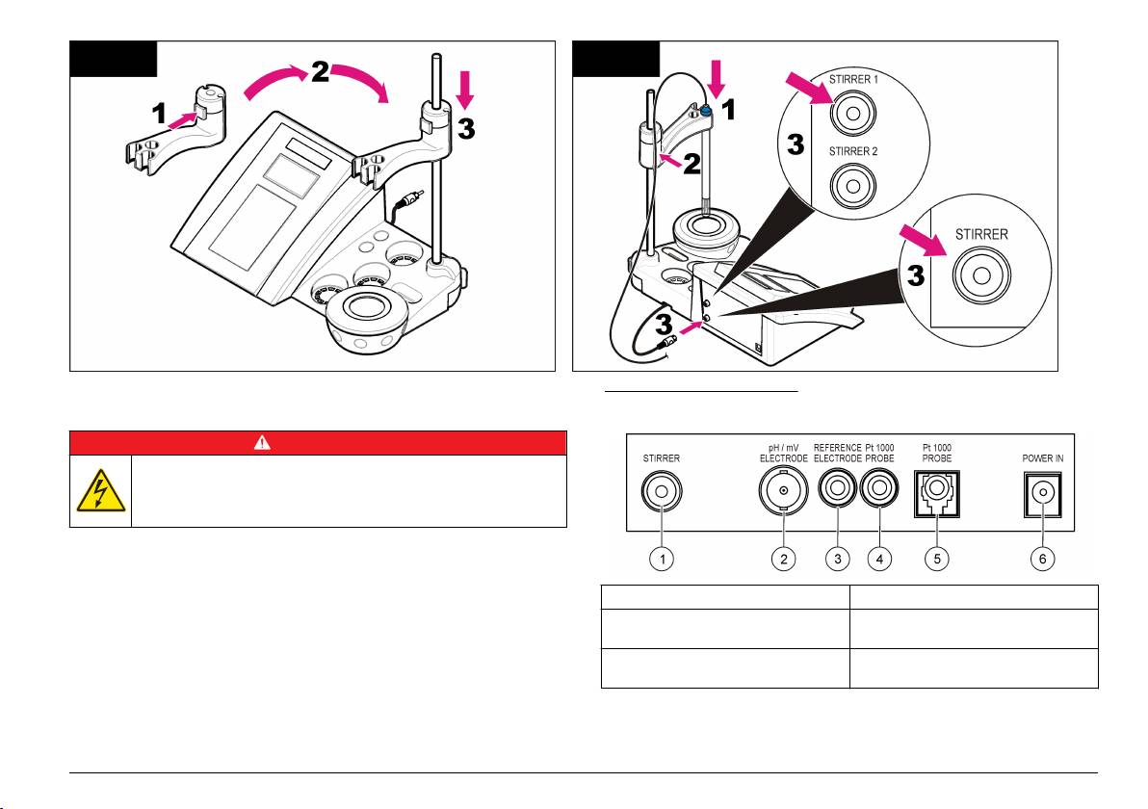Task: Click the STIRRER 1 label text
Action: tap(853, 79)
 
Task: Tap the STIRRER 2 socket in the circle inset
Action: tap(852, 185)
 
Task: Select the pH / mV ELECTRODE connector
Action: tap(783, 490)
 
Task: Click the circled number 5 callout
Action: tap(936, 560)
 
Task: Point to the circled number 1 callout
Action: tap(662, 560)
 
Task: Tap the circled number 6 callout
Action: tap(1043, 560)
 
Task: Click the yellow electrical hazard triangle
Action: tap(100, 490)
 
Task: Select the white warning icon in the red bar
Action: tap(262, 442)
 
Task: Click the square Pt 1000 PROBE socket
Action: tap(936, 493)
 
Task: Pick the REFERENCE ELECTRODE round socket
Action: tap(838, 488)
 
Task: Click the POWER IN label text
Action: tap(1043, 458)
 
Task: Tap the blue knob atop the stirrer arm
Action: tap(705, 111)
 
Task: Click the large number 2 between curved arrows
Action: tap(320, 71)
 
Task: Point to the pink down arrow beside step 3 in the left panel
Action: tap(465, 90)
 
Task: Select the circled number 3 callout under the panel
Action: tap(838, 560)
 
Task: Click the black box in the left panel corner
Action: tap(114, 59)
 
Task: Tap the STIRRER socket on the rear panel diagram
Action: tap(662, 490)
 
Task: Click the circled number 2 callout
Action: tap(783, 560)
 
